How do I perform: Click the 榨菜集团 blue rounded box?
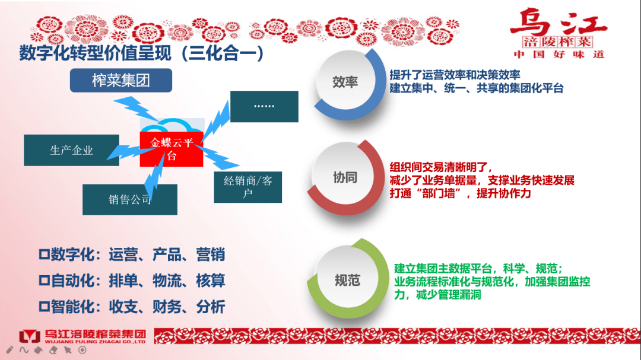[121, 81]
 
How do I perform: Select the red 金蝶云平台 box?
[172, 149]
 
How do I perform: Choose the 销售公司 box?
[129, 199]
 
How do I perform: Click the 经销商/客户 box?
[248, 187]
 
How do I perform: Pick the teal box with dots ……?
[264, 107]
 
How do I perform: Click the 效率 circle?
[345, 82]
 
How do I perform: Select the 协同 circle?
[345, 177]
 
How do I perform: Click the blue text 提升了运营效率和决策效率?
[455, 75]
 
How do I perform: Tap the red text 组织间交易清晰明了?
[441, 167]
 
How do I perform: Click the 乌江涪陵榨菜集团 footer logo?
[82, 336]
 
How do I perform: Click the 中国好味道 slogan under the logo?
[558, 55]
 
